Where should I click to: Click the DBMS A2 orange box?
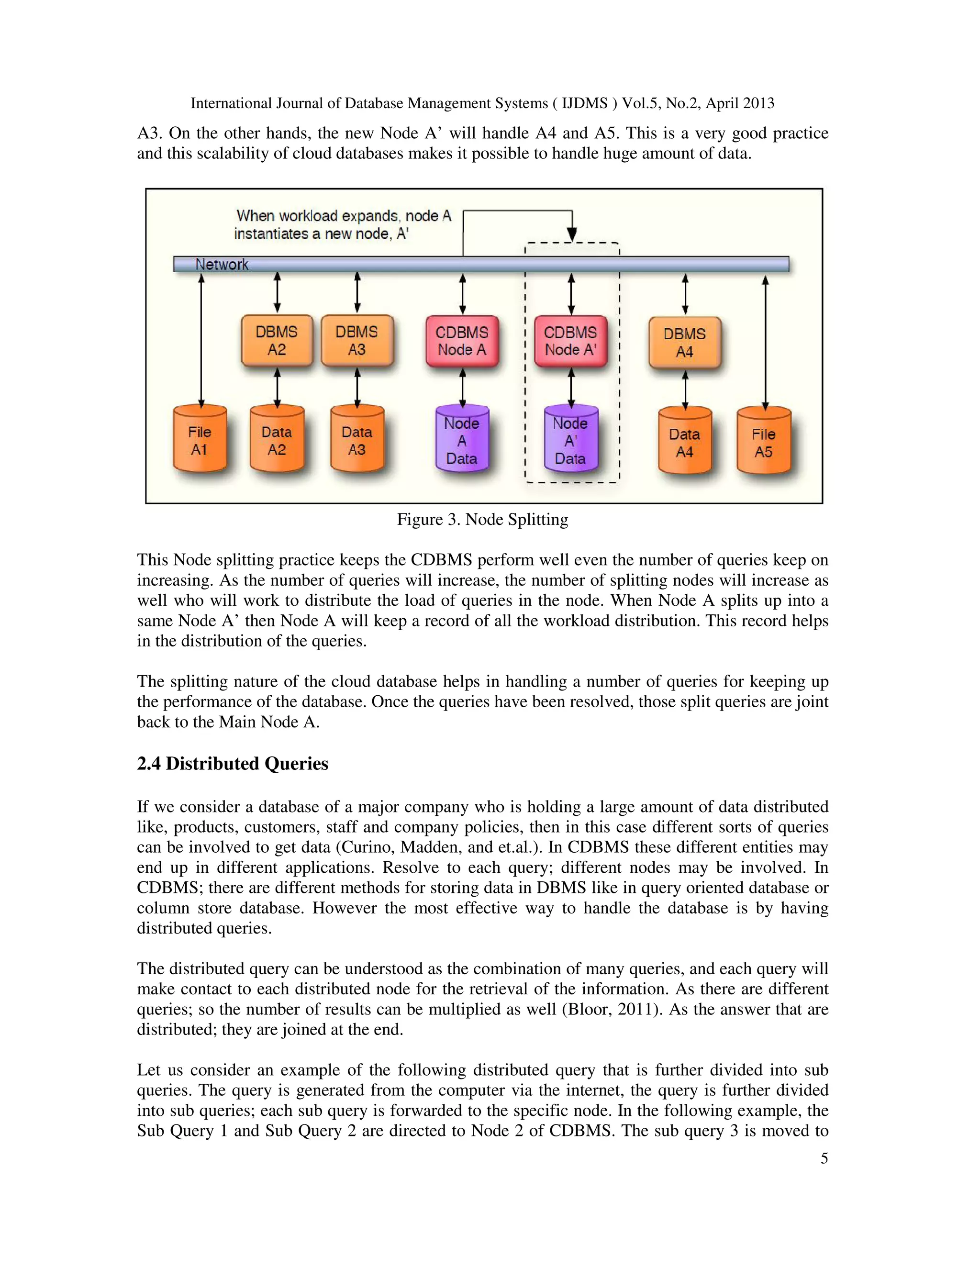[277, 341]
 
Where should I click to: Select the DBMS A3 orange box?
[357, 341]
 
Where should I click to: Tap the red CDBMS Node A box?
[462, 341]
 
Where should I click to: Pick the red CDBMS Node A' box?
[571, 341]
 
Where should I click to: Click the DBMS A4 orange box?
[685, 343]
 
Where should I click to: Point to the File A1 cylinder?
[200, 440]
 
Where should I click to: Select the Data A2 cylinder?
[277, 440]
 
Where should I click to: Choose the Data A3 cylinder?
[357, 440]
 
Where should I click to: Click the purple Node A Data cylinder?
[462, 440]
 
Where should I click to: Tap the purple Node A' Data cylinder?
[571, 440]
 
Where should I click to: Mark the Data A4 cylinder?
[685, 443]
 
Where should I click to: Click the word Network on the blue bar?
[222, 265]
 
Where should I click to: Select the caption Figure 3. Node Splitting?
[482, 520]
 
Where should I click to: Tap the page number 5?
[824, 1158]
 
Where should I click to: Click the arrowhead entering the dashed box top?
[572, 235]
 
